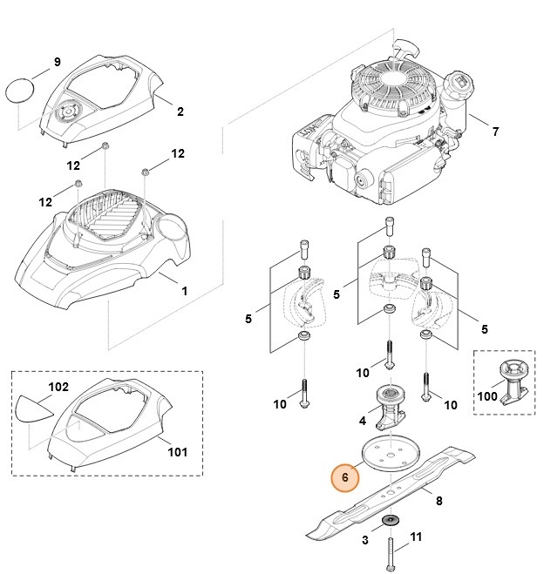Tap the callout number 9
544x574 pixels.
pos(57,62)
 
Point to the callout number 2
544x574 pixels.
pos(180,111)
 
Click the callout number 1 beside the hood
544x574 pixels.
pos(184,290)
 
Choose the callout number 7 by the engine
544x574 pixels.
pos(495,132)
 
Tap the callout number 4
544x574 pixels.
pos(363,422)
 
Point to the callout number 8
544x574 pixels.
pos(439,501)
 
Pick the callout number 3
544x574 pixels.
pos(364,540)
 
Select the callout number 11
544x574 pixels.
pos(415,537)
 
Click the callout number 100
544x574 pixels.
pos(487,396)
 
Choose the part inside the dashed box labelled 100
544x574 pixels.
pos(508,379)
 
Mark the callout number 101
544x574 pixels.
pos(177,452)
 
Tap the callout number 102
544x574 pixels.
pos(57,386)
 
